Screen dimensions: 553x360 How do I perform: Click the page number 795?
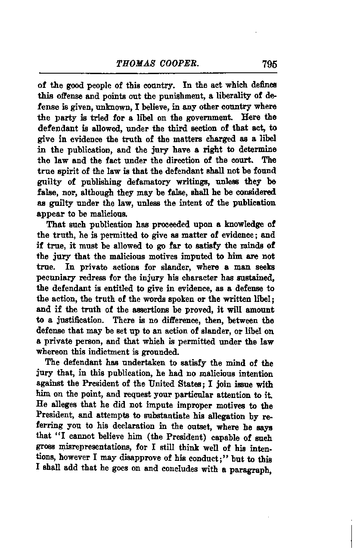click(x=269, y=64)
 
